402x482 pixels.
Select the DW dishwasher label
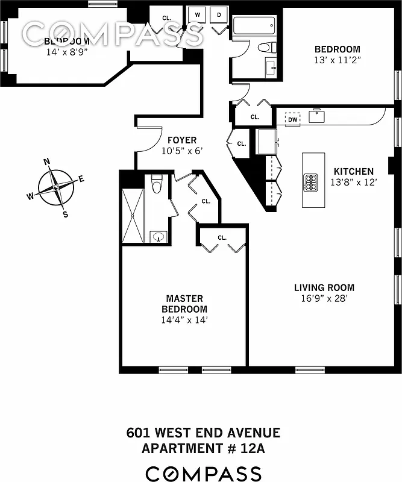[293, 120]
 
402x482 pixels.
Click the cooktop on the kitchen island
[311, 181]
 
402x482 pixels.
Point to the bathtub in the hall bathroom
[254, 26]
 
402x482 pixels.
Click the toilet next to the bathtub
[265, 47]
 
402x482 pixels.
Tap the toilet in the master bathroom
[157, 183]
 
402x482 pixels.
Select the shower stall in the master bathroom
[133, 216]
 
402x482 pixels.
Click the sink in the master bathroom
[158, 237]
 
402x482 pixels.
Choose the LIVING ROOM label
[324, 287]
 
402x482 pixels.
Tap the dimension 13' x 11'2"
[338, 60]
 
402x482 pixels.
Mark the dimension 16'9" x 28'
[324, 298]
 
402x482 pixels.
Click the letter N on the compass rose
[46, 161]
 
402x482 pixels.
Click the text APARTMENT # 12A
[203, 448]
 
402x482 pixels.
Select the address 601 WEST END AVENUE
[203, 433]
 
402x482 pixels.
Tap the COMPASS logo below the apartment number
[203, 473]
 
